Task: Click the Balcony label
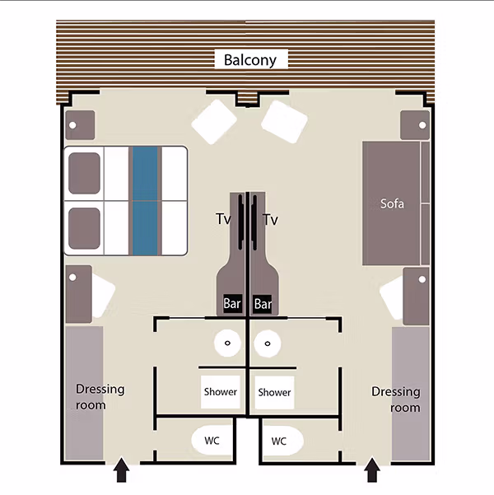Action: click(x=250, y=59)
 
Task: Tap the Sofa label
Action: click(x=392, y=203)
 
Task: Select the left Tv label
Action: click(x=223, y=219)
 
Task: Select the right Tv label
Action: click(x=271, y=219)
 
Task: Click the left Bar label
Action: click(x=232, y=304)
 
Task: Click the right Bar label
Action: click(x=263, y=304)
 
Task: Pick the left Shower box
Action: click(x=221, y=392)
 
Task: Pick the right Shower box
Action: click(x=274, y=392)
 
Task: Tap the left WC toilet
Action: click(x=212, y=441)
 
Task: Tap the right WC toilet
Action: click(x=282, y=441)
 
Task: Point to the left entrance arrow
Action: click(x=121, y=469)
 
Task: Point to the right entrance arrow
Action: click(x=372, y=469)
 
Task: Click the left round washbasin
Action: click(x=227, y=343)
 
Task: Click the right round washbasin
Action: click(x=268, y=343)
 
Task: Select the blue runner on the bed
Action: click(x=145, y=201)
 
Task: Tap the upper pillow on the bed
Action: click(x=84, y=173)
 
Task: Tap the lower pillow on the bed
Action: click(x=84, y=228)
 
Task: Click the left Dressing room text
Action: click(x=100, y=397)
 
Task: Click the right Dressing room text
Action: click(x=396, y=399)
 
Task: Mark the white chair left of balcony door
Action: click(x=214, y=122)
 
